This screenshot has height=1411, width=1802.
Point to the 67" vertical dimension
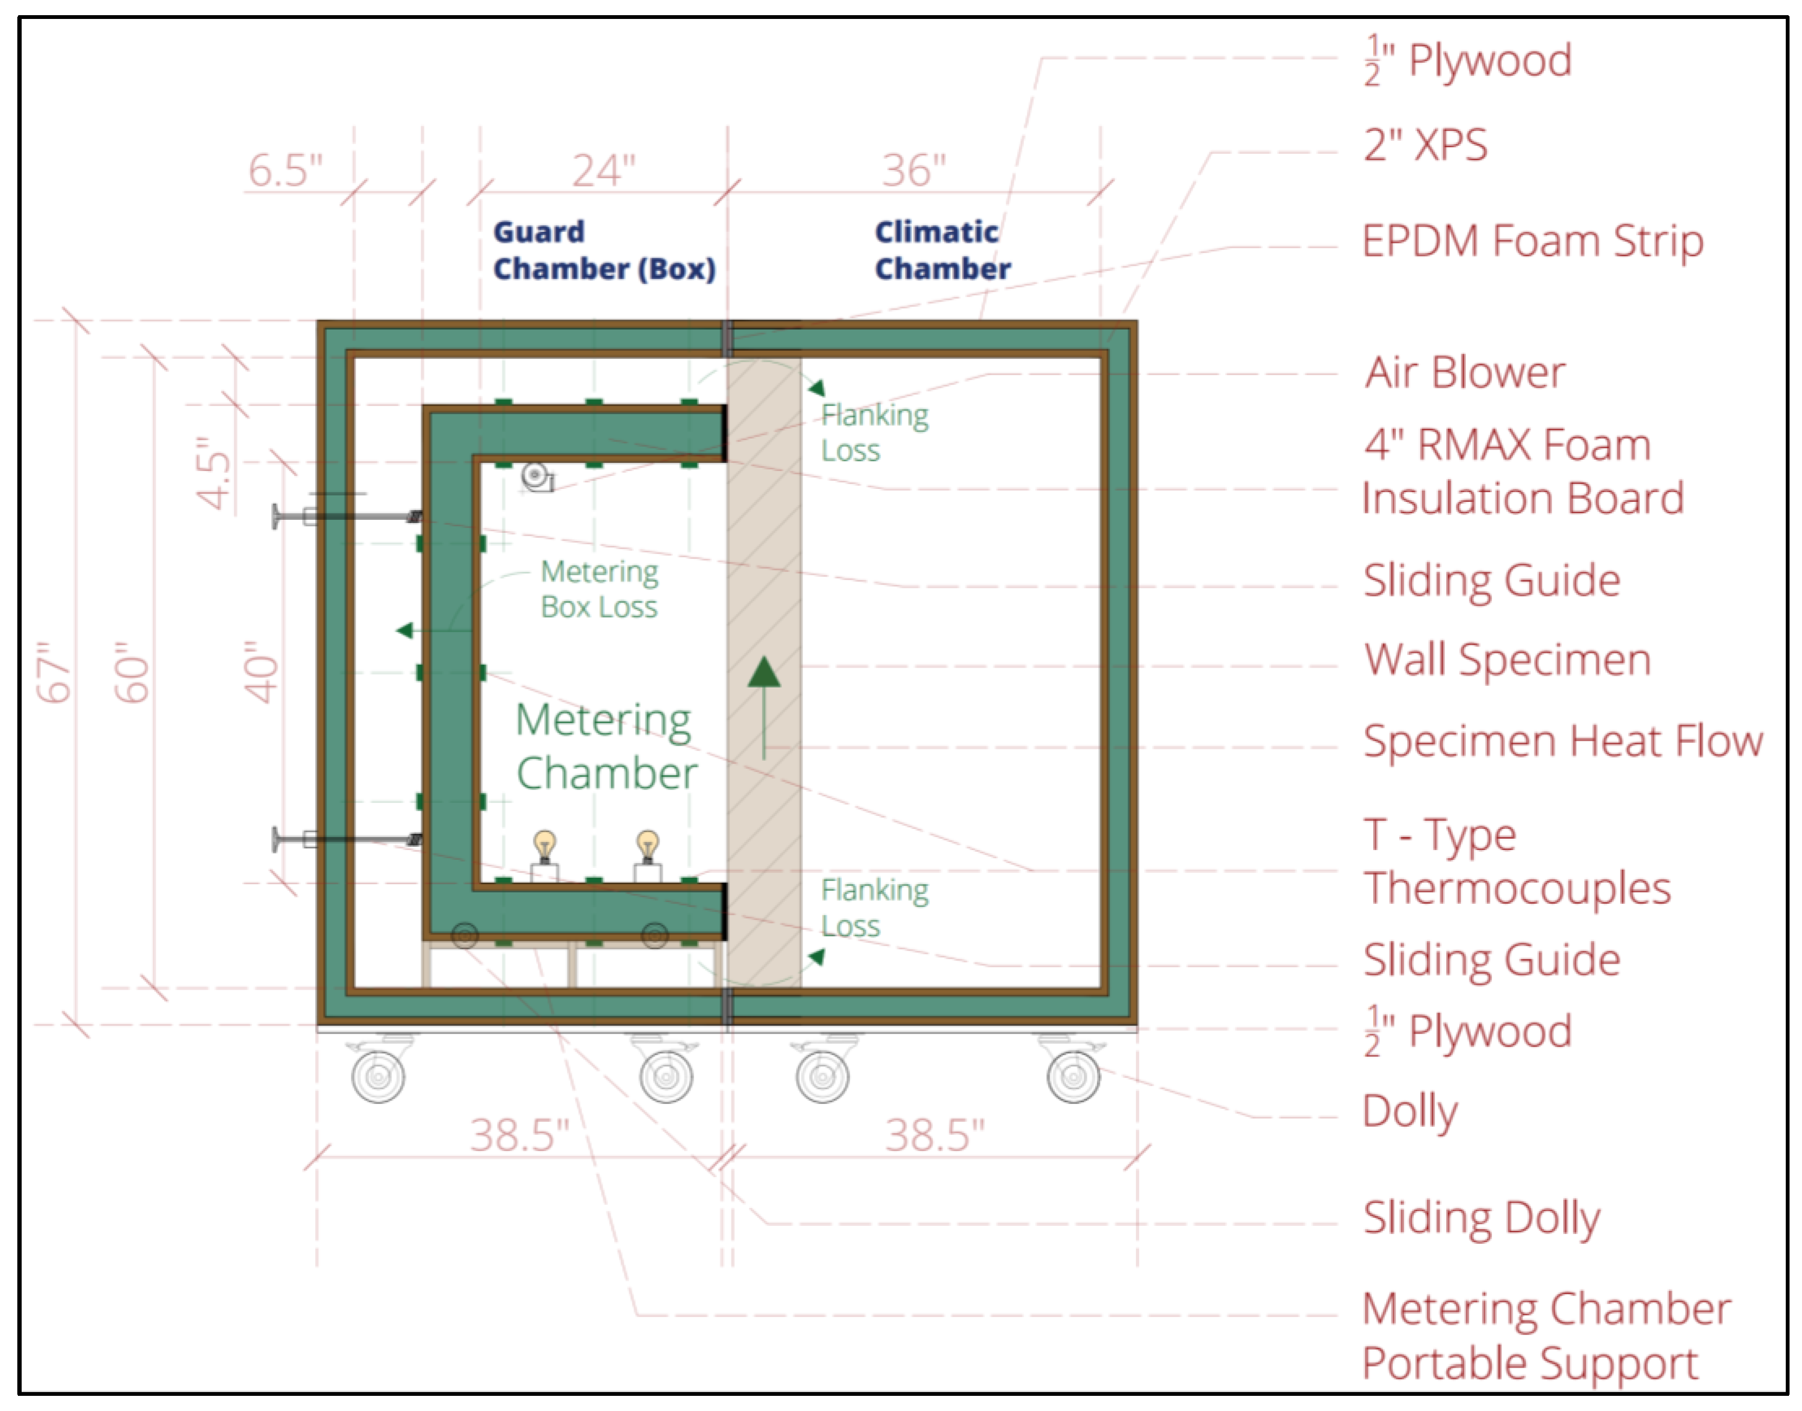point(55,672)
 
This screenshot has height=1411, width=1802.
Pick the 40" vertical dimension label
point(262,672)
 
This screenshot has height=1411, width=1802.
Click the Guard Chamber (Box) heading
point(604,250)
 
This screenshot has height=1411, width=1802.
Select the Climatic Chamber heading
point(942,250)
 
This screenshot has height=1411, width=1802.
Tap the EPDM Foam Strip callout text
point(1532,241)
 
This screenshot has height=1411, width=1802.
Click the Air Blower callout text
point(1465,373)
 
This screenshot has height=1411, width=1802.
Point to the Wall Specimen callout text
point(1507,660)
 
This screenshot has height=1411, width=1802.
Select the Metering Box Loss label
point(599,589)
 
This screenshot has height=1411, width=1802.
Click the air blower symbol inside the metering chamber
point(536,476)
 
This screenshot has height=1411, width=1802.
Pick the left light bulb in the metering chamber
point(544,847)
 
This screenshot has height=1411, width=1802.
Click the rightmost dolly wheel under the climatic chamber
point(1073,1076)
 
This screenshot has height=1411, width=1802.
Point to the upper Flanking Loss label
point(874,433)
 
